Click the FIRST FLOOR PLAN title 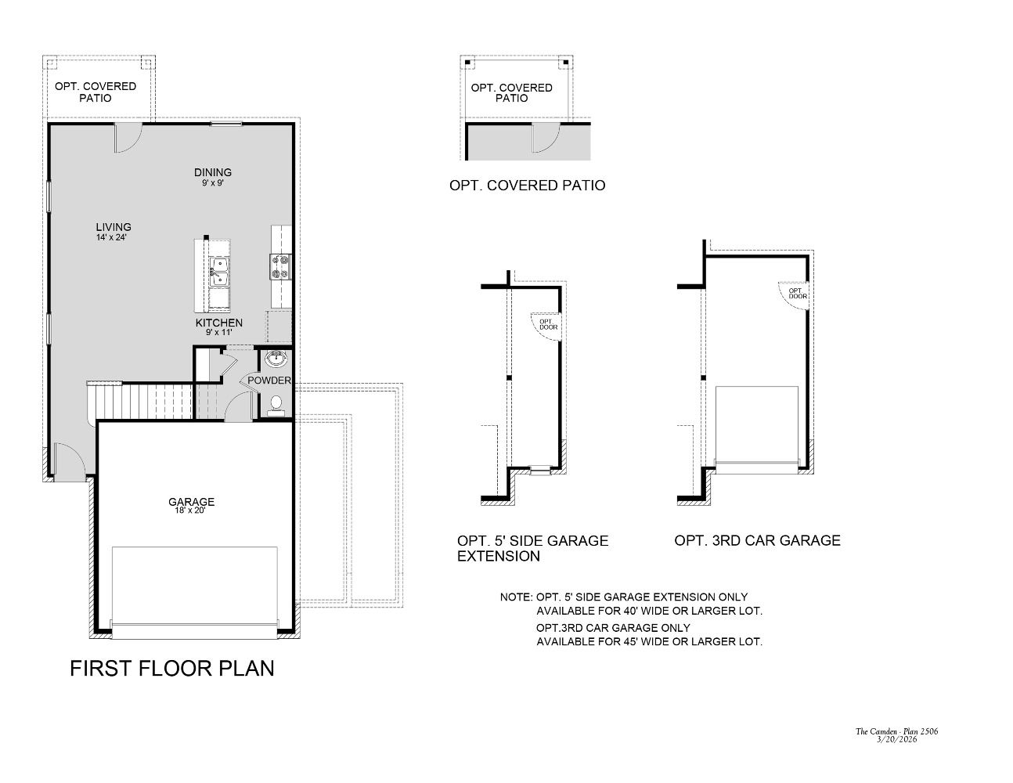[172, 669]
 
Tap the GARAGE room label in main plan [192, 502]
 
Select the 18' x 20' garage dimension [192, 511]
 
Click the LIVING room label [114, 227]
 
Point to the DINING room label [213, 172]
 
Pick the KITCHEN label [219, 323]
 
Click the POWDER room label [269, 381]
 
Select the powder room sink [276, 360]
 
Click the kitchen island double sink [218, 273]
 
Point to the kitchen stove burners [280, 266]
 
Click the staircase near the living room [141, 401]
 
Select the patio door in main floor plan [128, 139]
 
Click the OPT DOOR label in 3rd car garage [798, 294]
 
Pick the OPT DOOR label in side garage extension [549, 323]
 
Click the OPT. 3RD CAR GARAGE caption [757, 540]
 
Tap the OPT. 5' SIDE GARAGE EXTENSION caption [532, 548]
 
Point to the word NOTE [516, 597]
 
